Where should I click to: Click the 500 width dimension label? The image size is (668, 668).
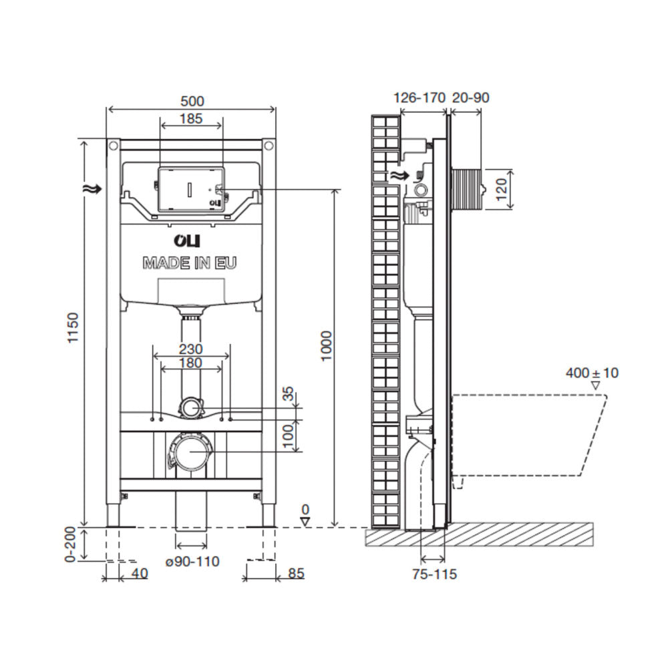coord(192,102)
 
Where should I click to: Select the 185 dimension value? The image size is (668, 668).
coord(190,118)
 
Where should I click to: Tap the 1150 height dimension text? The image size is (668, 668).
coord(73,327)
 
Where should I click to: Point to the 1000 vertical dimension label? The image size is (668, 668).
coord(326,346)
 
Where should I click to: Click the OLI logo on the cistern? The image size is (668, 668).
coord(186,240)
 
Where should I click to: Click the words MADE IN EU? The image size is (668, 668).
coord(189,263)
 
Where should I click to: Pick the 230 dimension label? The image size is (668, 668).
coord(190,349)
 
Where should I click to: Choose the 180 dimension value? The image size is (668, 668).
coord(190,363)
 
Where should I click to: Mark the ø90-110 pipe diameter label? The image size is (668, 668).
coord(192,561)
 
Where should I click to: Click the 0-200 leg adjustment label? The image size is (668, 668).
coord(71,544)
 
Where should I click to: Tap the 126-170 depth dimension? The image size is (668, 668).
coord(420,98)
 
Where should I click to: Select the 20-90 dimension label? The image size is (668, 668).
coord(470,98)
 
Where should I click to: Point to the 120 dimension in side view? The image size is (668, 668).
coord(502,189)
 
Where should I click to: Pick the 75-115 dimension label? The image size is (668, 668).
coord(434,574)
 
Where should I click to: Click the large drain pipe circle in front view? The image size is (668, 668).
coord(190,452)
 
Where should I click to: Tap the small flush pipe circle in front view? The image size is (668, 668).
coord(191,407)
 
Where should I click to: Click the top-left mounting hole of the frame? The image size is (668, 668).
coord(114,146)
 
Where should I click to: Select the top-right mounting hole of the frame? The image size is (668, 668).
coord(269,146)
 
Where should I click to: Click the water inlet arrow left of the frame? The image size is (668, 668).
coord(93,189)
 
